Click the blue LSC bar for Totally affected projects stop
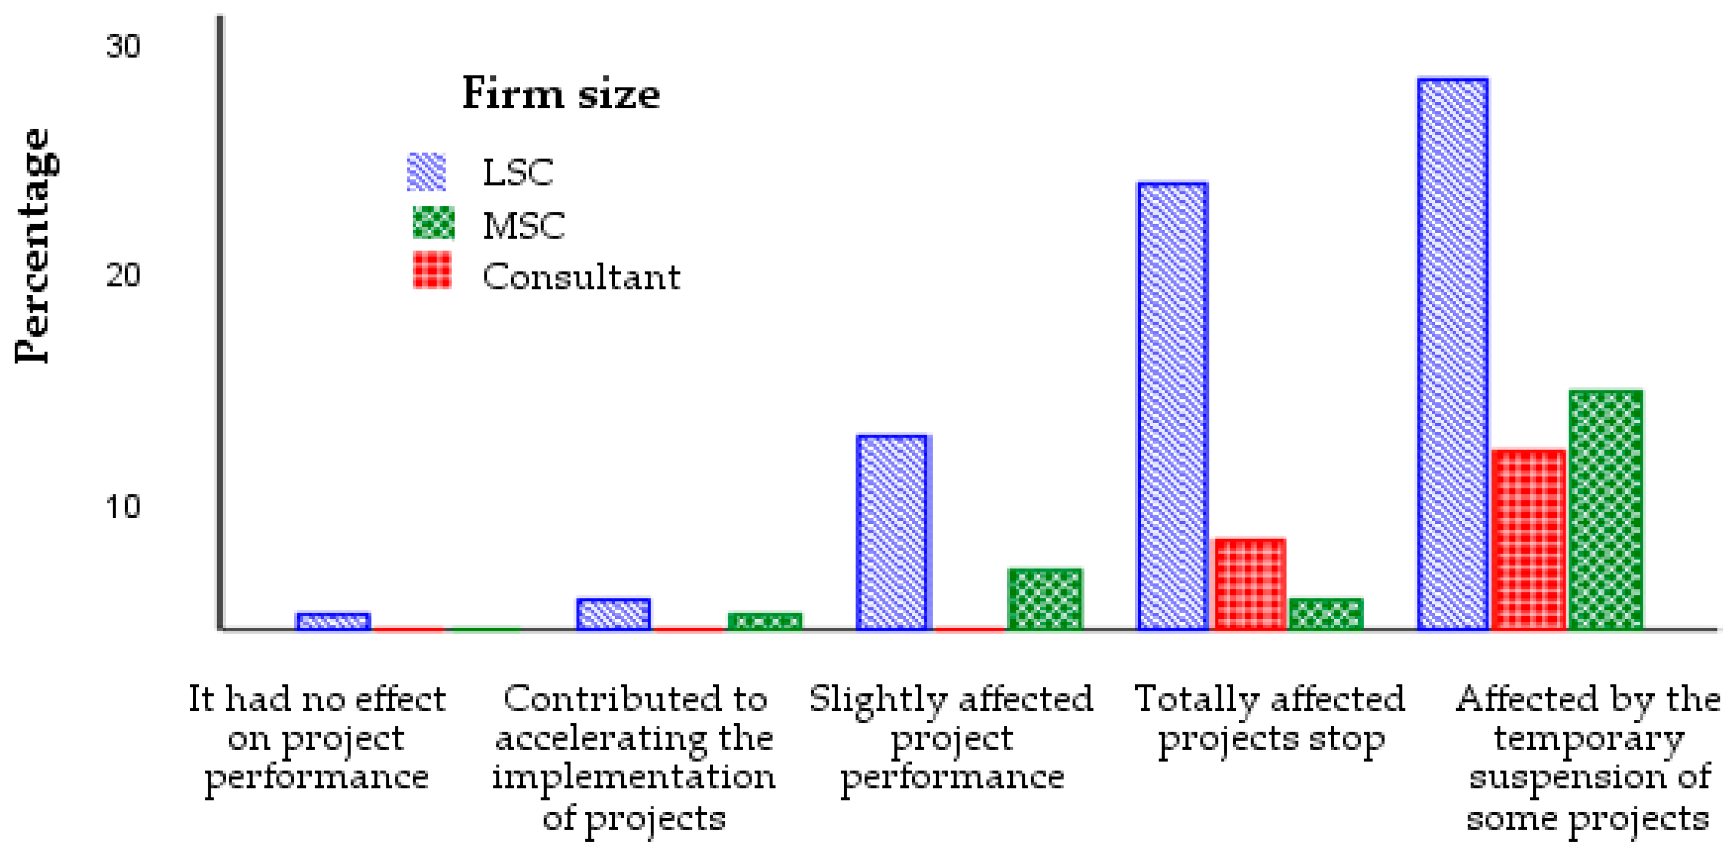[1172, 406]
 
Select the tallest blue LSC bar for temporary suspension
[1452, 354]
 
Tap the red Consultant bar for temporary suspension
[1528, 539]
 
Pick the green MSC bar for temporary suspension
[1605, 509]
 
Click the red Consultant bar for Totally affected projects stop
[1250, 583]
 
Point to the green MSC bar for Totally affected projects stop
[1326, 614]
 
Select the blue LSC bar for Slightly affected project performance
[892, 532]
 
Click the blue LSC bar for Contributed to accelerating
[613, 614]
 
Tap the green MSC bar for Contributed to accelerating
[765, 620]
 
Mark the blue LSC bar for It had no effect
[333, 621]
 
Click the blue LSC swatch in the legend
[426, 172]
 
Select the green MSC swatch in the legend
[433, 223]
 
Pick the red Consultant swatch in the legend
[432, 271]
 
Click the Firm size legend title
[561, 93]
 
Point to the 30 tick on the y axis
[123, 47]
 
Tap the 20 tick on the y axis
[123, 275]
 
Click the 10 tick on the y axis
[123, 506]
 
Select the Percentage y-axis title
[34, 246]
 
